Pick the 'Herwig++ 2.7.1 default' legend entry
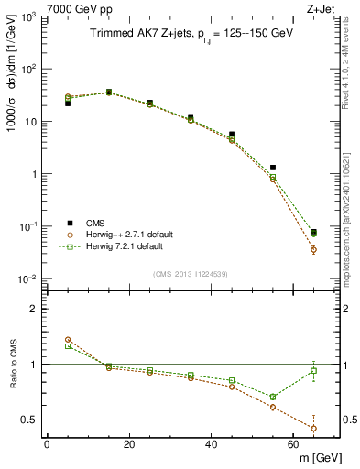[x=124, y=234]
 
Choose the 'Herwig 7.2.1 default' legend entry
[x=120, y=246]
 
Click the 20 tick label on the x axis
[x=128, y=444]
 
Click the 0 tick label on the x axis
[x=47, y=444]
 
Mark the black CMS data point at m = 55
[x=273, y=168]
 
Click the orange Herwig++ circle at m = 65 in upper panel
[x=314, y=249]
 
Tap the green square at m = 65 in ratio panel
[x=314, y=370]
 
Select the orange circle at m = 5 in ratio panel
[x=68, y=340]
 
